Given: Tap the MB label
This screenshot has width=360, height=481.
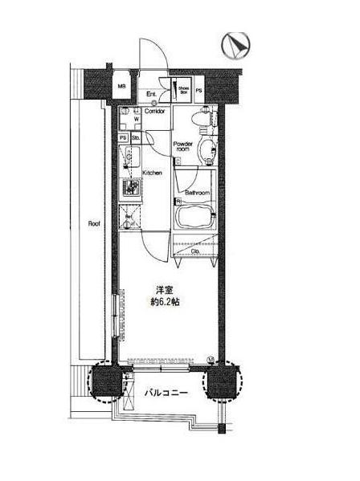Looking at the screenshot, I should click(x=123, y=87).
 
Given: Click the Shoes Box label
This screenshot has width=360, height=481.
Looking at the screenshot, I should click(x=183, y=89).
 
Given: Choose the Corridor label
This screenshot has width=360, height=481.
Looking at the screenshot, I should click(x=155, y=111).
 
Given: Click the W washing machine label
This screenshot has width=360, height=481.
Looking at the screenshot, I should click(x=136, y=120).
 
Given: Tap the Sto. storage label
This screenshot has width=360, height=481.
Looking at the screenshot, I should click(x=136, y=137).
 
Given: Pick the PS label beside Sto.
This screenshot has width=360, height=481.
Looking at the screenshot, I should click(x=123, y=137).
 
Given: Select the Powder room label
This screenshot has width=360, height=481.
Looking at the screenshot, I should click(x=183, y=146).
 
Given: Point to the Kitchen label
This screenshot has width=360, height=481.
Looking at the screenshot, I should click(x=153, y=173).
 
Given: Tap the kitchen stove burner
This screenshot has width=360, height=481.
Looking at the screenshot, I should click(x=130, y=189).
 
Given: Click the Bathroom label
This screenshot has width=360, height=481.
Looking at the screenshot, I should click(x=197, y=194).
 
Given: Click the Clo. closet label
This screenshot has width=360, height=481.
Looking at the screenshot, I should click(x=195, y=252).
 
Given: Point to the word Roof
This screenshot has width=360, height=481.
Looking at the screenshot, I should click(x=93, y=224).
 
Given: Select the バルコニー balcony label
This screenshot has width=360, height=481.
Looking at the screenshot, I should click(x=166, y=393).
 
